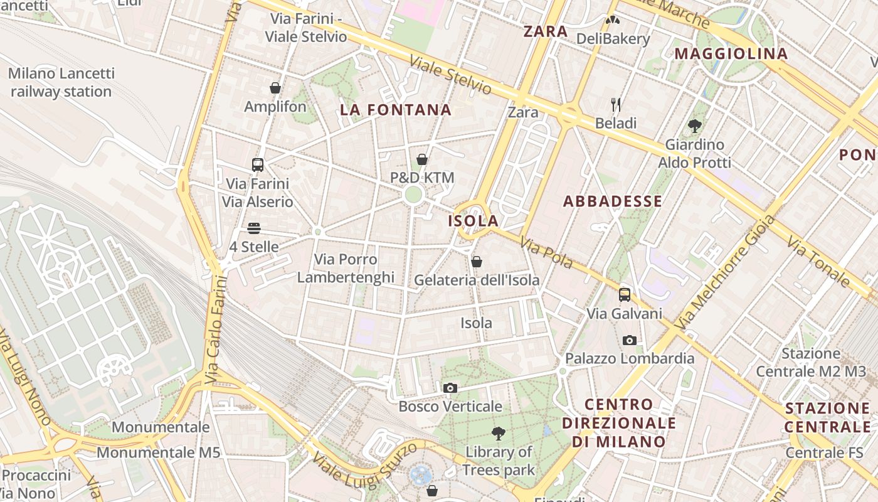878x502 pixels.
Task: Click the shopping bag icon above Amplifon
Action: click(x=275, y=88)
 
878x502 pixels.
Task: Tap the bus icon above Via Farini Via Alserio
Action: click(x=257, y=165)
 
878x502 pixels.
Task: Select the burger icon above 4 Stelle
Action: click(x=254, y=228)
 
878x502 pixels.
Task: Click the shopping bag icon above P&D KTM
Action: click(x=422, y=159)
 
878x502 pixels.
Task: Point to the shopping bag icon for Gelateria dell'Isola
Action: click(x=477, y=262)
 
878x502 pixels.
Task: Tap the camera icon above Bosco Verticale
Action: click(x=450, y=388)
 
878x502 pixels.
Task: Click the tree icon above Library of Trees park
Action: click(x=499, y=433)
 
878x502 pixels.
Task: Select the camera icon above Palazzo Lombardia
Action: click(x=630, y=340)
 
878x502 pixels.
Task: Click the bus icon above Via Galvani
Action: click(x=625, y=295)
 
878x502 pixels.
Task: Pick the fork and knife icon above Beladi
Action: click(x=616, y=104)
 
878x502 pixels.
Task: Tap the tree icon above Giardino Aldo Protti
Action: click(x=694, y=126)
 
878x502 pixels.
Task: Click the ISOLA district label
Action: click(x=473, y=221)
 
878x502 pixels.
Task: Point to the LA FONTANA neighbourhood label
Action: click(x=396, y=110)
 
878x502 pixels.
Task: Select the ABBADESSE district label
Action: click(x=613, y=201)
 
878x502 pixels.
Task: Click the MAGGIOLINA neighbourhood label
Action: click(x=731, y=54)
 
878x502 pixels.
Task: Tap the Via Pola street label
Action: click(x=546, y=253)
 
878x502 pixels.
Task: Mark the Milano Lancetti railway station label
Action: click(x=61, y=82)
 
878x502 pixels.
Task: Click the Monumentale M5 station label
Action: click(x=159, y=452)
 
